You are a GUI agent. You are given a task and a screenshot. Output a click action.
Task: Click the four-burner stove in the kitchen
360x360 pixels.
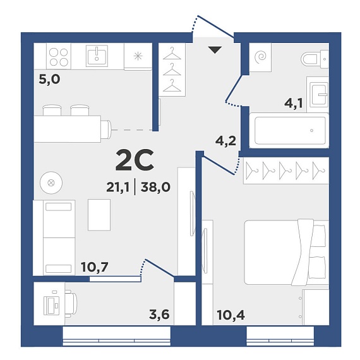pyautogui.click(x=59, y=56)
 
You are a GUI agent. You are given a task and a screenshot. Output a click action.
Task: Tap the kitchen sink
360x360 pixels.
pyautogui.click(x=97, y=55)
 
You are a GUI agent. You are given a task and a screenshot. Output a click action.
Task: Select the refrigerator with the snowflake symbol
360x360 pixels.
pyautogui.click(x=138, y=56)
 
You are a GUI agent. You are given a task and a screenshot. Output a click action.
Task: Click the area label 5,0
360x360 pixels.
pyautogui.click(x=49, y=80)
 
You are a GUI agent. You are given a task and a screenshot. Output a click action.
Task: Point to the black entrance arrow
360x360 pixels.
pyautogui.click(x=215, y=50)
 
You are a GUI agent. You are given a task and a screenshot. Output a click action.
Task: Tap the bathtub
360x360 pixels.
pyautogui.click(x=289, y=130)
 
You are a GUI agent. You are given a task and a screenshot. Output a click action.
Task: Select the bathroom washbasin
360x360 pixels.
pyautogui.click(x=318, y=94)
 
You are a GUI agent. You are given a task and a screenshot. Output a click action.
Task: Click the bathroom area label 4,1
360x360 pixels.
pyautogui.click(x=294, y=103)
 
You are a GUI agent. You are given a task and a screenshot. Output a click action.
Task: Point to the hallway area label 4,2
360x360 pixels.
pyautogui.click(x=225, y=141)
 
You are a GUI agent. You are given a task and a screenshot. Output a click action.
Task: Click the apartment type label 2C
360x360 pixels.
pyautogui.click(x=135, y=160)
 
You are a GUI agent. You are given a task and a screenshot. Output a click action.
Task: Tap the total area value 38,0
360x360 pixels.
pyautogui.click(x=155, y=187)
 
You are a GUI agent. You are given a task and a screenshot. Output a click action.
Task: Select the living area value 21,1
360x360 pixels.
pyautogui.click(x=117, y=187)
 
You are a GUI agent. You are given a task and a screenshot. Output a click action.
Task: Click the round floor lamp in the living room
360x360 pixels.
pyautogui.click(x=51, y=183)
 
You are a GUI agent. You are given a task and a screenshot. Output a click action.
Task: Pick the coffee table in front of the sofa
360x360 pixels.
pyautogui.click(x=99, y=215)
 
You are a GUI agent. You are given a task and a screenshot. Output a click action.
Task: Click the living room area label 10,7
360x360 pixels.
pyautogui.click(x=95, y=267)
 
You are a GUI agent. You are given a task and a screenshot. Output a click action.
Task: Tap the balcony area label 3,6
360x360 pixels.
pyautogui.click(x=159, y=315)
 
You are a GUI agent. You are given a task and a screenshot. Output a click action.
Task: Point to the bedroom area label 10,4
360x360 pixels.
pyautogui.click(x=231, y=315)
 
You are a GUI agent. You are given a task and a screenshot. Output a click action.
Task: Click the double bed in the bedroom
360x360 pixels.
pyautogui.click(x=287, y=252)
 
